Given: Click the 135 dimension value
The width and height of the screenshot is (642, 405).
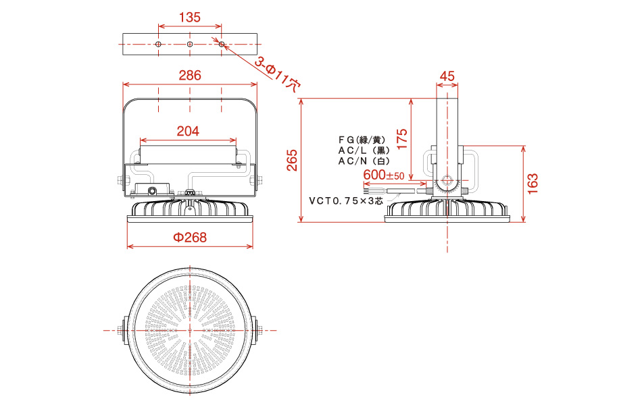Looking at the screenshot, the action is [190, 17].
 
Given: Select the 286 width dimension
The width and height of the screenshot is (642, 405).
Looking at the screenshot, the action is [190, 76].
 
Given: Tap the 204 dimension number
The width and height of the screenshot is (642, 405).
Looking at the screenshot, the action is [188, 131].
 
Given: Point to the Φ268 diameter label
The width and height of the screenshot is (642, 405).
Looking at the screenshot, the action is [190, 238].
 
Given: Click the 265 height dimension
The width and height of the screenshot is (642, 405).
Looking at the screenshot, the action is [292, 160].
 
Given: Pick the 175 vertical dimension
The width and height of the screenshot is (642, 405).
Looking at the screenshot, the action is [402, 138].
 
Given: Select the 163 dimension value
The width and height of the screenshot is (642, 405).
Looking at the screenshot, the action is [533, 184].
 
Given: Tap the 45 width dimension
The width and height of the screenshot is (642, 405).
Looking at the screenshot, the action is [447, 76].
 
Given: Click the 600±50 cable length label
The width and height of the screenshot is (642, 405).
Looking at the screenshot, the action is [384, 175].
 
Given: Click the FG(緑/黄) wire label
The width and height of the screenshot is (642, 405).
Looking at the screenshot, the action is [362, 140].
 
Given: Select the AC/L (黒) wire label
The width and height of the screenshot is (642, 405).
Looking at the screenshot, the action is [364, 151].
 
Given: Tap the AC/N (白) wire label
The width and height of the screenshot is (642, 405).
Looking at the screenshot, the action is [364, 161].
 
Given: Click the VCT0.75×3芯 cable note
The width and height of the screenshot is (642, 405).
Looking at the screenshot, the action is [346, 201].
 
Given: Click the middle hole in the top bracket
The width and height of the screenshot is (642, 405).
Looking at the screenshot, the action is [190, 44].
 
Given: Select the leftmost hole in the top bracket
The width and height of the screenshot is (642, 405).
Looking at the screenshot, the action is [158, 44].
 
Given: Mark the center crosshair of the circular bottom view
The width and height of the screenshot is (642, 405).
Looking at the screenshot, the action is [190, 330].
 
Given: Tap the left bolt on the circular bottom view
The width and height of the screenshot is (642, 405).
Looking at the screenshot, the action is [122, 330].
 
